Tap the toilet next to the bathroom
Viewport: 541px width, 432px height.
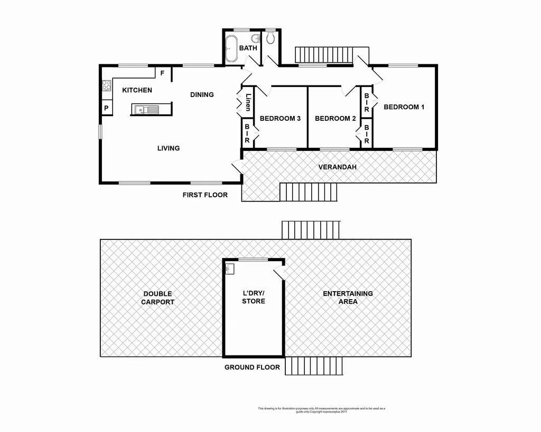click(271, 37)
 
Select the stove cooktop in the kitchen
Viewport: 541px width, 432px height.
click(106, 85)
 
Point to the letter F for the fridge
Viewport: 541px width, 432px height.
click(162, 73)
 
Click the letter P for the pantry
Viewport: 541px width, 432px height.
click(106, 109)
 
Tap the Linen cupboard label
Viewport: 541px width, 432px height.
click(248, 102)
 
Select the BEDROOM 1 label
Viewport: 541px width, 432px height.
click(404, 107)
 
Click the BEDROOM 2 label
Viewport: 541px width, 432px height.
click(335, 119)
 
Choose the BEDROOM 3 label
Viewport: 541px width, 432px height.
click(280, 119)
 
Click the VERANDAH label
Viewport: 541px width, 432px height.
click(337, 167)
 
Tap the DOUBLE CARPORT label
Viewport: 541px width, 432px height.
click(158, 298)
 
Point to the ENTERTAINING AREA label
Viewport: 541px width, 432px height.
click(348, 297)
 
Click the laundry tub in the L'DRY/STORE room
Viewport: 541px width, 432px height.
click(229, 269)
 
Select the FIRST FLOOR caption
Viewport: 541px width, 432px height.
click(205, 195)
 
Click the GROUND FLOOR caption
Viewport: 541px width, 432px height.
click(252, 367)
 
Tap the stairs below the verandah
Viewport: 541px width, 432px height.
click(308, 192)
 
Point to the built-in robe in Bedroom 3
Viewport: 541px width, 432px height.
click(247, 134)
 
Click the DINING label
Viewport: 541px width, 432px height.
click(202, 95)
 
